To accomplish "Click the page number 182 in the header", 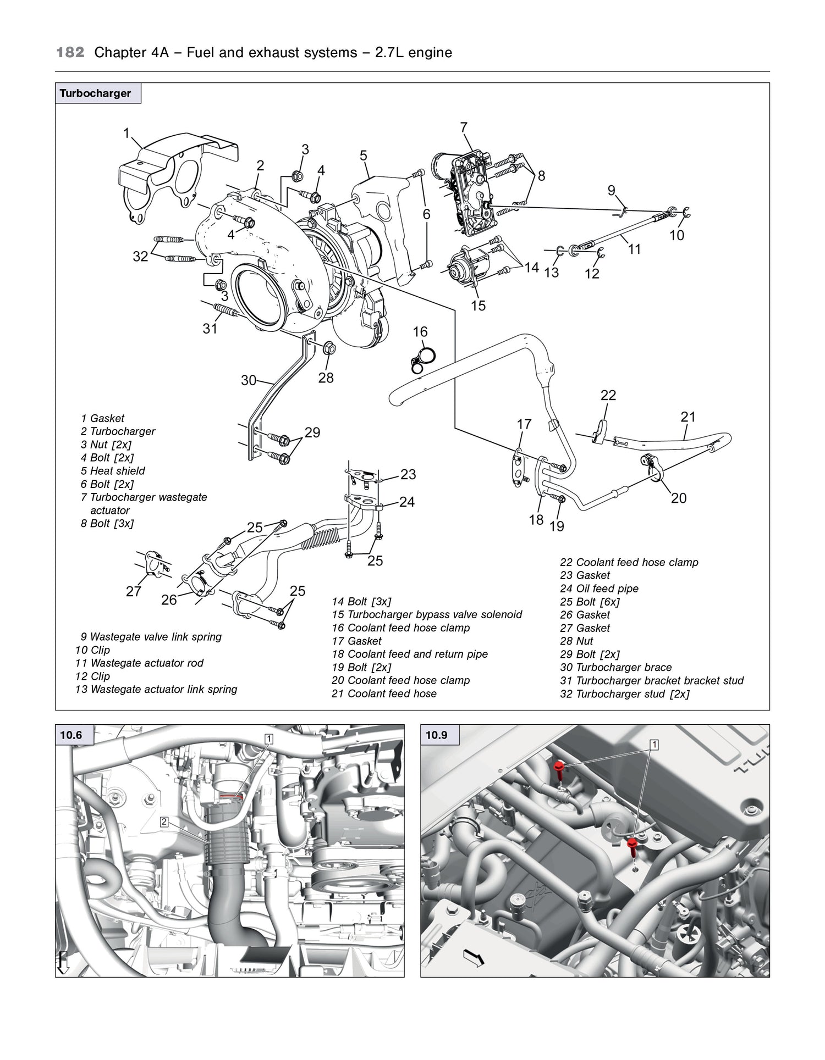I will pos(70,53).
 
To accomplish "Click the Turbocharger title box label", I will pos(96,93).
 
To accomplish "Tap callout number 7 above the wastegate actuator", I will pos(464,127).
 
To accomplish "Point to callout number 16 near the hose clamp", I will pos(420,332).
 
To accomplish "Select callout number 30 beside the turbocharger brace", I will pos(249,380).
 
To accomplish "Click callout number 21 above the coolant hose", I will pos(688,417).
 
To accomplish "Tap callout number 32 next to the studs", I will pos(140,256).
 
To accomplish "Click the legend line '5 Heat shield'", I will pos(113,471).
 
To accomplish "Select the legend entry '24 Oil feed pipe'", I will pos(599,589).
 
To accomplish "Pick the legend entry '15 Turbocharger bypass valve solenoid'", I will pos(427,614).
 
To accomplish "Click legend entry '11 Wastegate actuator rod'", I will pos(139,663).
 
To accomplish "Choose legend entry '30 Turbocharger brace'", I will pos(615,668).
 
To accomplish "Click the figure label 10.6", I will pos(71,735).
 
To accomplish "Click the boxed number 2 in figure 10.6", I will pos(164,822).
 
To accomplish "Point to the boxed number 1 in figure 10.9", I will pos(654,745).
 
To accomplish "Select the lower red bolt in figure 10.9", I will pos(632,844).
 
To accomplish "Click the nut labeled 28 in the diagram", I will pos(329,347).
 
